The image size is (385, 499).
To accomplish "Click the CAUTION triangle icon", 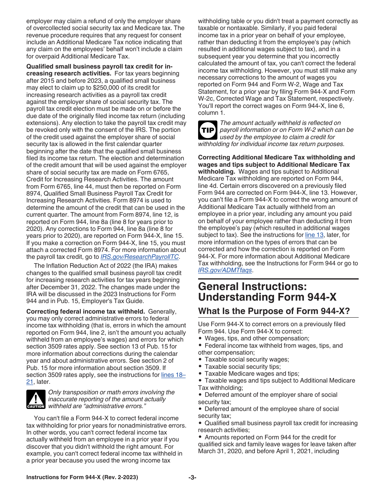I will click(36, 399).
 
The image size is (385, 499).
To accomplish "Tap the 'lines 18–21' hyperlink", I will click(173, 375).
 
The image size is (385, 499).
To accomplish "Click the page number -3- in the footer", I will click(192, 477).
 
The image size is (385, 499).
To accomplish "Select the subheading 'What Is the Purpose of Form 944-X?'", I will click(274, 311).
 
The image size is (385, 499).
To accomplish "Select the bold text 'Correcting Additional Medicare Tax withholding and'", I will click(276, 157).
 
